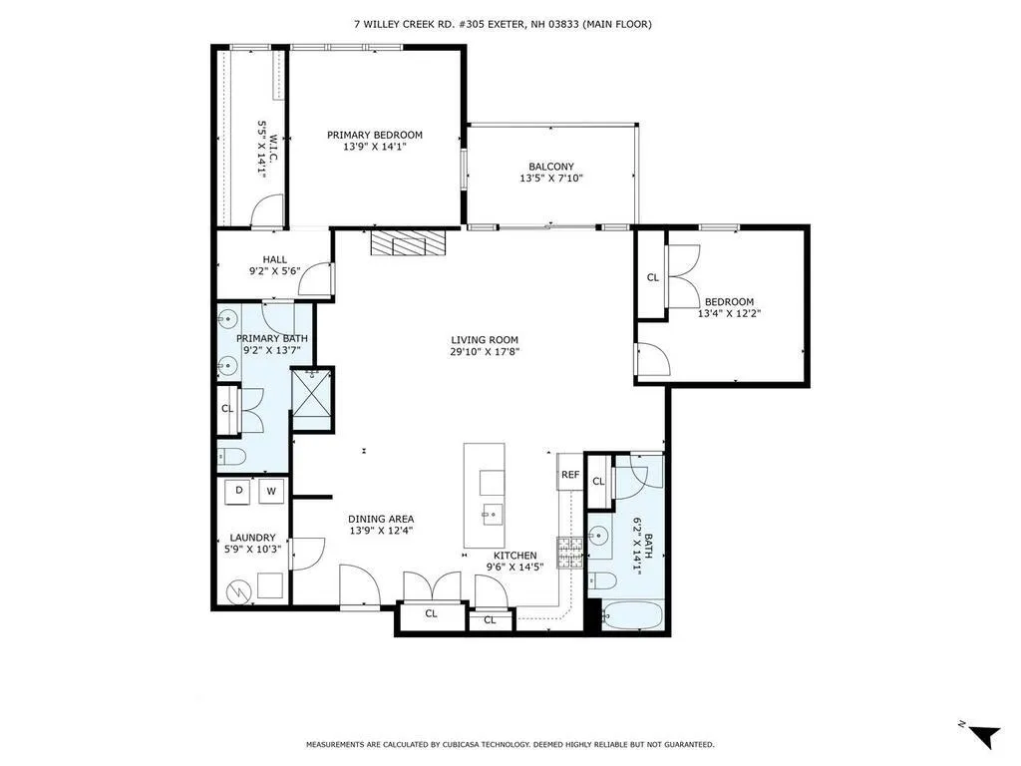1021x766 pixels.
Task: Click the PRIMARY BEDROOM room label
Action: (375, 135)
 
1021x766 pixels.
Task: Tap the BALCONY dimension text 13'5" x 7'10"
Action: (550, 180)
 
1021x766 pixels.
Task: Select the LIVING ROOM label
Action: (485, 339)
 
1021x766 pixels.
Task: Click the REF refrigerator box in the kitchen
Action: (570, 476)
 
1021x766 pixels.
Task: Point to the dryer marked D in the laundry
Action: (240, 491)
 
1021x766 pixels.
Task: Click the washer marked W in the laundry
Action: (271, 491)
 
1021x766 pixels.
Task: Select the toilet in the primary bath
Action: (232, 457)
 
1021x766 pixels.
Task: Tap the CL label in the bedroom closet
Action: (653, 278)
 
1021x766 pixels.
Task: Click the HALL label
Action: (274, 259)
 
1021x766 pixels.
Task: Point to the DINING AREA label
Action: (381, 519)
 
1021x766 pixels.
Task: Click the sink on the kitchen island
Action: (492, 515)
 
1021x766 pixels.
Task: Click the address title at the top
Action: (510, 24)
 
